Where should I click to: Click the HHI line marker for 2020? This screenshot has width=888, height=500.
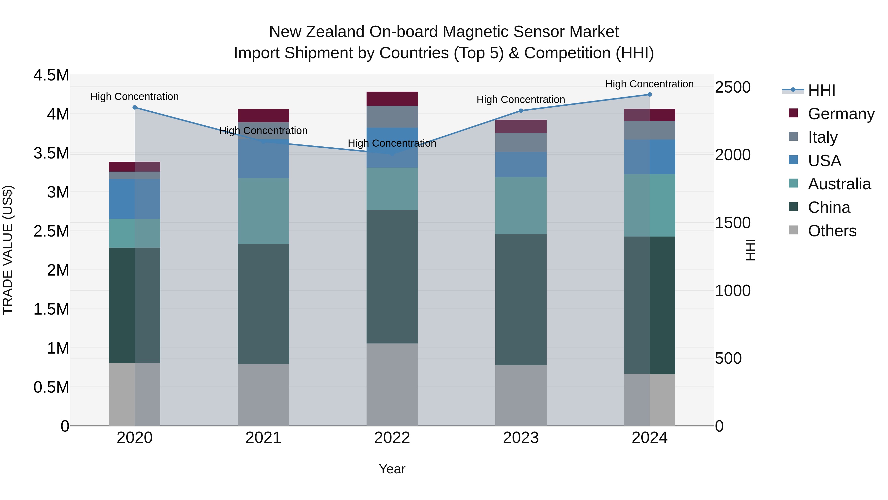134,107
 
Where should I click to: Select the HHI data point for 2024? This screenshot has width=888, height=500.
649,95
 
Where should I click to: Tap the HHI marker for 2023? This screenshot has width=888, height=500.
521,111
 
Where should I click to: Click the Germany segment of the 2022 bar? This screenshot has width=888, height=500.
392,99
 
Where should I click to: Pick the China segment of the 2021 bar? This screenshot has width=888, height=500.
263,304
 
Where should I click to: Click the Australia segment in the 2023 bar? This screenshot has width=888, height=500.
521,206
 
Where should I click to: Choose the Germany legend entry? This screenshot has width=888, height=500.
841,114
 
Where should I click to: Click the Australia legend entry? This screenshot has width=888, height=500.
839,184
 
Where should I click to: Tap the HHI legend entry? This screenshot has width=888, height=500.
821,90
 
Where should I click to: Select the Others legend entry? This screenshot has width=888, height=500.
832,231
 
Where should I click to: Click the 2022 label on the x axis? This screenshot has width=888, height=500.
392,438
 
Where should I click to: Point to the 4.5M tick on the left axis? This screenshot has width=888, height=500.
51,75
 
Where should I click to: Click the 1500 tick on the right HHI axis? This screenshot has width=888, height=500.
733,222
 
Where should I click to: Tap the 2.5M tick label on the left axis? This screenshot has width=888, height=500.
51,231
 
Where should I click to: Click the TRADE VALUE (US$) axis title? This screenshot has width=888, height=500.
8,250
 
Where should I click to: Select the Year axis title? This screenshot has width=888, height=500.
392,469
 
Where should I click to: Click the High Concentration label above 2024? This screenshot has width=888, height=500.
649,84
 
